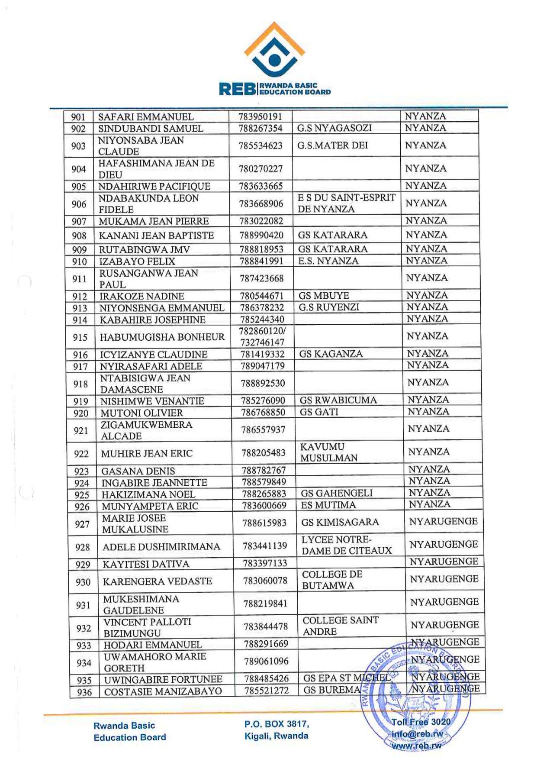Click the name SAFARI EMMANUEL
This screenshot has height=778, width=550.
pyautogui.click(x=146, y=117)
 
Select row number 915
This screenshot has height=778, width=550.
pyautogui.click(x=80, y=337)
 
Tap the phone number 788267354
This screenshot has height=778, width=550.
pyautogui.click(x=261, y=129)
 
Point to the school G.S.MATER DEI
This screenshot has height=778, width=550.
pyautogui.click(x=332, y=145)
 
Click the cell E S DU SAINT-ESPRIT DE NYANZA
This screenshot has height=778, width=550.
pyautogui.click(x=346, y=203)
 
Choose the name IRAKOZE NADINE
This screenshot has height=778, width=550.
pyautogui.click(x=142, y=297)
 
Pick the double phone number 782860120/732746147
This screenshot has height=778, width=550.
pyautogui.click(x=262, y=336)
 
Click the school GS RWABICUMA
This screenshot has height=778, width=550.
pyautogui.click(x=338, y=400)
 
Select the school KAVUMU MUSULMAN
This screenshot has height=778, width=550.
pyautogui.click(x=329, y=452)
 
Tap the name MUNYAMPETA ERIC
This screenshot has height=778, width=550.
pyautogui.click(x=150, y=506)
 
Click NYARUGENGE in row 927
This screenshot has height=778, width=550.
pyautogui.click(x=443, y=522)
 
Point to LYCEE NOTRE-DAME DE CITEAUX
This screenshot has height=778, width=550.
pyautogui.click(x=346, y=546)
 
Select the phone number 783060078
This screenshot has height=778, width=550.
pyautogui.click(x=265, y=581)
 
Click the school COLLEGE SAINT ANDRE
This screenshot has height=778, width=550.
pyautogui.click(x=341, y=626)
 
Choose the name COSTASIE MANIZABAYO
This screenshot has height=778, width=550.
pyautogui.click(x=163, y=692)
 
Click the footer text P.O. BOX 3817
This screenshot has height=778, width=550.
pyautogui.click(x=277, y=724)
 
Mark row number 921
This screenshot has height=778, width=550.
pyautogui.click(x=81, y=431)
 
